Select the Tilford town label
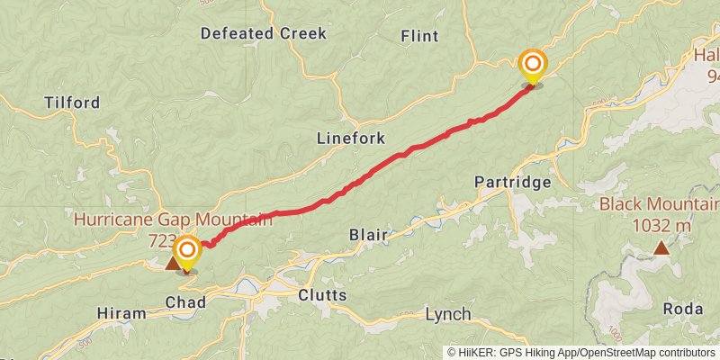click(x=71, y=103)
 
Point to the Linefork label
click(x=351, y=139)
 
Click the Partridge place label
click(x=512, y=183)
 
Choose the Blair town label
click(x=368, y=236)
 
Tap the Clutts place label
click(x=322, y=295)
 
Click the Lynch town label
click(x=447, y=314)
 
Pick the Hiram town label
click(x=121, y=313)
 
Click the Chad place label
click(x=185, y=302)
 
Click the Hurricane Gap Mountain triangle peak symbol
click(x=172, y=264)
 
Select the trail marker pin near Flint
click(x=533, y=64)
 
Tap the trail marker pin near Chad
click(x=187, y=249)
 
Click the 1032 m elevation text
click(x=661, y=225)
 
